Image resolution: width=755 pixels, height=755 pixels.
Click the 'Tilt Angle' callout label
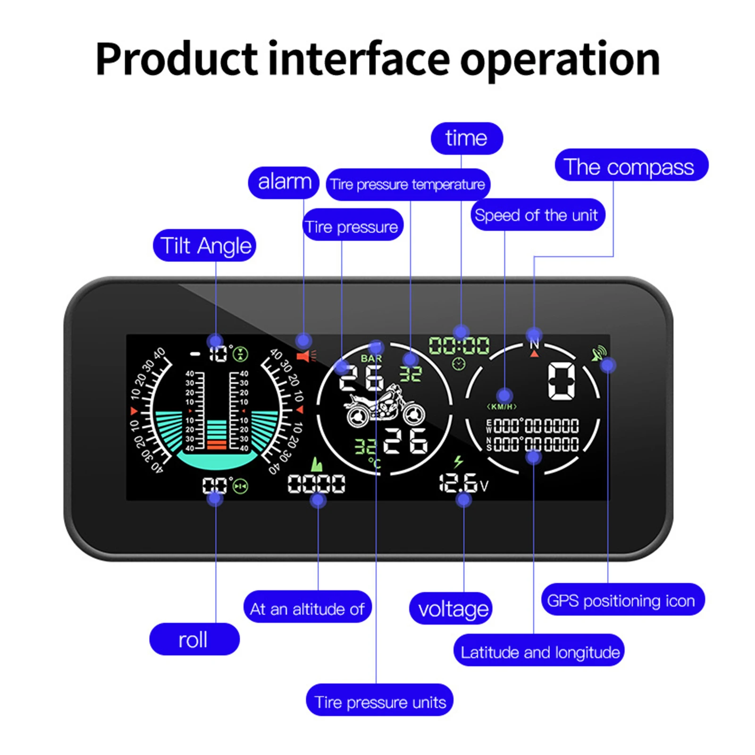[204, 245]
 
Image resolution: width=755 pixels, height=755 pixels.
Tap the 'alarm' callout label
[284, 182]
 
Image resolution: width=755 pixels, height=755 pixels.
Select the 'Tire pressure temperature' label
[408, 185]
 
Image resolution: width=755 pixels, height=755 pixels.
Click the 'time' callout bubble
[466, 138]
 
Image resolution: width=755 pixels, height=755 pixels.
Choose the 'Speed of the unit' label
[537, 215]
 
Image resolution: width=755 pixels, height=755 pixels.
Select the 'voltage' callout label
[451, 609]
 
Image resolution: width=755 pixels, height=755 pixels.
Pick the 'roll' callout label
[194, 639]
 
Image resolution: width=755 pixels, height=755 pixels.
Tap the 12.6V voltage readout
[462, 483]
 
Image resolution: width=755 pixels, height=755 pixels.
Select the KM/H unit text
[502, 406]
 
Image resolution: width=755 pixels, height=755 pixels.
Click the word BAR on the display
[371, 359]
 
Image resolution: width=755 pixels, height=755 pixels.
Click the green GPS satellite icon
[598, 353]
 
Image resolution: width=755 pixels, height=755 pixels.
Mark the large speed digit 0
[562, 381]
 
